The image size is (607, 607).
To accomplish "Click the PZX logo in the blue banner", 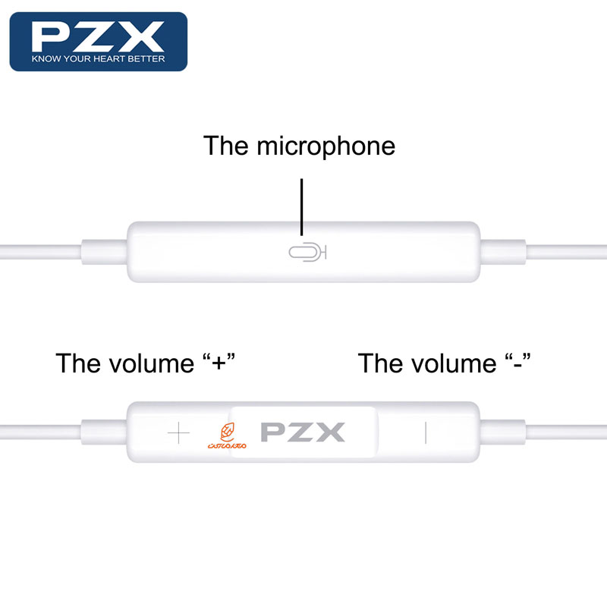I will (98, 36).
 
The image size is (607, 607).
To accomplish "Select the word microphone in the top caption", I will (326, 145).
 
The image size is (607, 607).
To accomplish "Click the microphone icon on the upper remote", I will (307, 252).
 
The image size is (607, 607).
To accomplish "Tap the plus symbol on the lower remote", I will (179, 433).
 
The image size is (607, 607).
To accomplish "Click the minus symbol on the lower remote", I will (426, 433).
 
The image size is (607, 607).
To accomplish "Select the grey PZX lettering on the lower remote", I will (303, 432).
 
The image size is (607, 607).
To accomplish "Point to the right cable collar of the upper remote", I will (502, 250).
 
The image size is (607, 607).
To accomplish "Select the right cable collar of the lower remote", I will (502, 432).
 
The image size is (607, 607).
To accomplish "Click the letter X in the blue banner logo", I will (143, 36).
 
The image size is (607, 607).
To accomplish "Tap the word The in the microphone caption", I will (226, 145).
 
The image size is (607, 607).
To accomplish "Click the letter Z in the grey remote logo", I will (303, 432).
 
